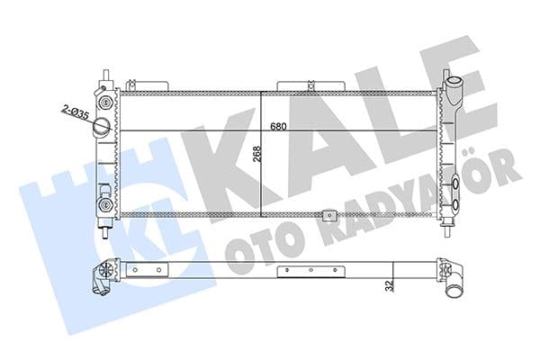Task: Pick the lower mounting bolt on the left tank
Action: tap(105, 204)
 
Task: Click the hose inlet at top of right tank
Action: tap(455, 91)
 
